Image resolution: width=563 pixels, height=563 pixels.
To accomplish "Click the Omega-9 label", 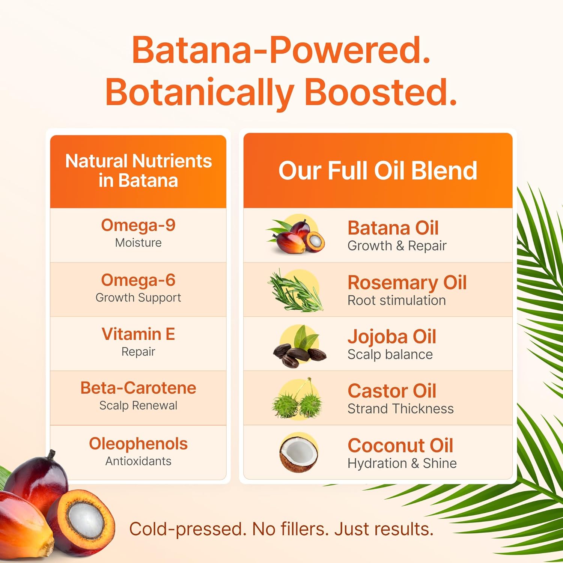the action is click(x=138, y=225).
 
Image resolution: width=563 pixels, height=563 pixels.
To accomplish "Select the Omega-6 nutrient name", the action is click(x=138, y=280).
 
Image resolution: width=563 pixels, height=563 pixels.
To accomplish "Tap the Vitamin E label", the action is click(x=138, y=334).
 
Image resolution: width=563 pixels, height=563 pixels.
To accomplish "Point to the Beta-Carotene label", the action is click(x=138, y=388).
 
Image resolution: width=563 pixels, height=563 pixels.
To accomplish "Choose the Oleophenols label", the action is click(x=138, y=444).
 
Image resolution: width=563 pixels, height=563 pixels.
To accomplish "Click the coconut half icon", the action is click(x=299, y=453).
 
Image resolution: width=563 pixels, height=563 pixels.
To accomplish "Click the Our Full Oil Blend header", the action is click(x=378, y=170).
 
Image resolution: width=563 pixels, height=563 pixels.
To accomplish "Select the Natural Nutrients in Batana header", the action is click(x=138, y=171).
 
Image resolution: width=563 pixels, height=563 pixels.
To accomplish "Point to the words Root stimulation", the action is click(x=397, y=300).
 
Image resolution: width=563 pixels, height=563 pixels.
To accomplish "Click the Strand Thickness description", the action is click(x=400, y=408).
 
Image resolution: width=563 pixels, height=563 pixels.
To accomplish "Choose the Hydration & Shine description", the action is click(x=402, y=464).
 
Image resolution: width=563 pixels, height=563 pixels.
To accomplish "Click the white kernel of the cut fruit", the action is click(x=86, y=521).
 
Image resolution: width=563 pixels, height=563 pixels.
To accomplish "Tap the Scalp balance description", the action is click(x=390, y=355).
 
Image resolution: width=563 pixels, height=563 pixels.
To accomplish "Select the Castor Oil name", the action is click(x=392, y=391).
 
